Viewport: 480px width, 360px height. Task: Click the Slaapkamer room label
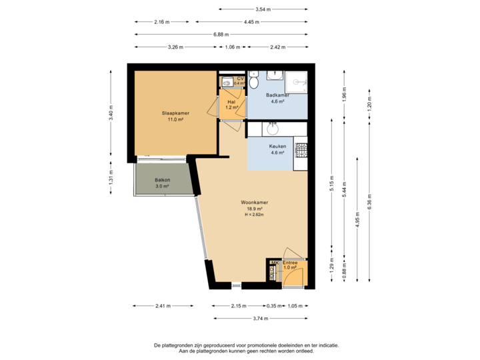tap(175, 113)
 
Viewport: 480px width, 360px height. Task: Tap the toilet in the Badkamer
tap(253, 83)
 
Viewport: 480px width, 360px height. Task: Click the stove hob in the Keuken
tap(301, 152)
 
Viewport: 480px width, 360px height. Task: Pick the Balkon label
tap(162, 180)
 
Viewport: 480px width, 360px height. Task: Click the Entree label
tap(290, 263)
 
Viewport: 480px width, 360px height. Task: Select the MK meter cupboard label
tap(273, 263)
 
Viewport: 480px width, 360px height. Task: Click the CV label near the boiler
tap(240, 79)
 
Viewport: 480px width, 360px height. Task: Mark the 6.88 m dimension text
tap(221, 34)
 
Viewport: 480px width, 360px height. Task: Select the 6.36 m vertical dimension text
tap(369, 201)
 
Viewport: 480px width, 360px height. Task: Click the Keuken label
tap(277, 146)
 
